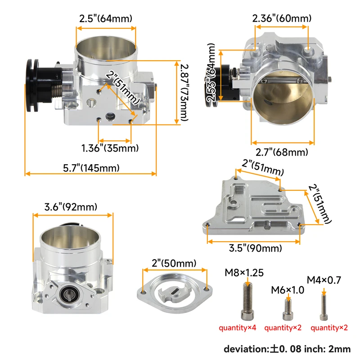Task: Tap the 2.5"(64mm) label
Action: (x=105, y=19)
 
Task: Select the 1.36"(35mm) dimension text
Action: (x=110, y=148)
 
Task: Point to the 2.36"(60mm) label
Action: (x=282, y=18)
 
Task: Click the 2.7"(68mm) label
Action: (x=282, y=152)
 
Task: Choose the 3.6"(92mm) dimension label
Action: (x=71, y=207)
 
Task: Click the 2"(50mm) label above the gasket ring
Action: (x=174, y=262)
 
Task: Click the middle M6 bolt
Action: (x=288, y=308)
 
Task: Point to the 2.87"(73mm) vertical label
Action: (x=180, y=91)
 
